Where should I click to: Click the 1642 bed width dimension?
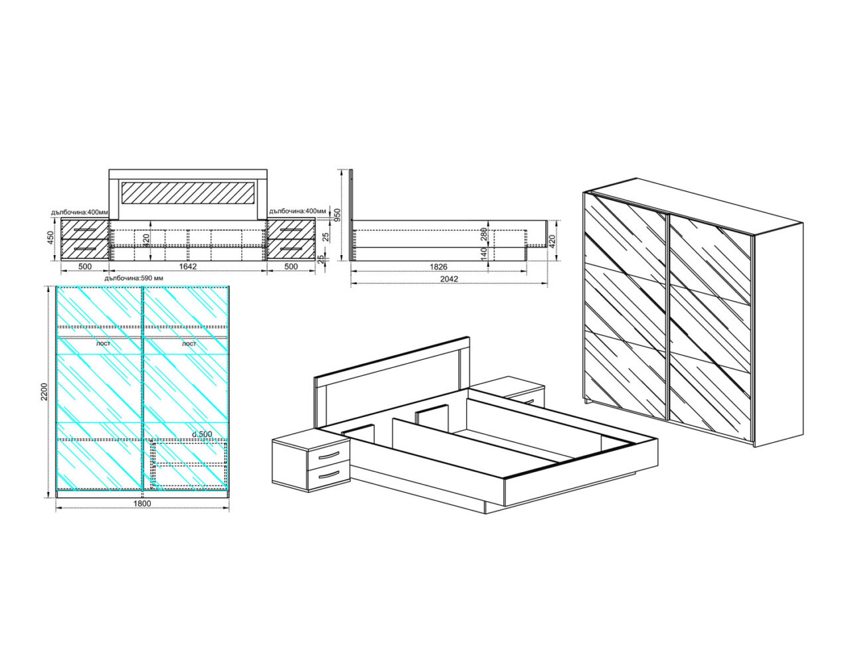pos(188,266)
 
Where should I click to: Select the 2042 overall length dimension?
pos(449,279)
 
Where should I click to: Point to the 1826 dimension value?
pos(438,266)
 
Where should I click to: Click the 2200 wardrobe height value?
pos(44,392)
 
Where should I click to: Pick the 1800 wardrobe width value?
pos(142,503)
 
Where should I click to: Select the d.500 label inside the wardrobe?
pos(203,434)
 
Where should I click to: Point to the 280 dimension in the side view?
pos(483,234)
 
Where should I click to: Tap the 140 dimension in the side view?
pos(483,254)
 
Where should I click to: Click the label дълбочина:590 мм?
pos(133,278)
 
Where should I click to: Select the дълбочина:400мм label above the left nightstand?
pos(80,212)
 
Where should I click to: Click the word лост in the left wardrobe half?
pos(104,344)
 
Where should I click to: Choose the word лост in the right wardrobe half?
pos(189,344)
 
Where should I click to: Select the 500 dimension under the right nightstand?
pos(291,266)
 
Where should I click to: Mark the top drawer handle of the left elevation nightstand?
pos(85,230)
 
